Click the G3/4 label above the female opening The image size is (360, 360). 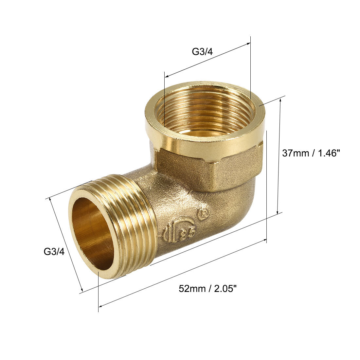[x=202, y=52]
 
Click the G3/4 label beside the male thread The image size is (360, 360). [x=54, y=252]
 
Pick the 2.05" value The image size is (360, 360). [x=225, y=289]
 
